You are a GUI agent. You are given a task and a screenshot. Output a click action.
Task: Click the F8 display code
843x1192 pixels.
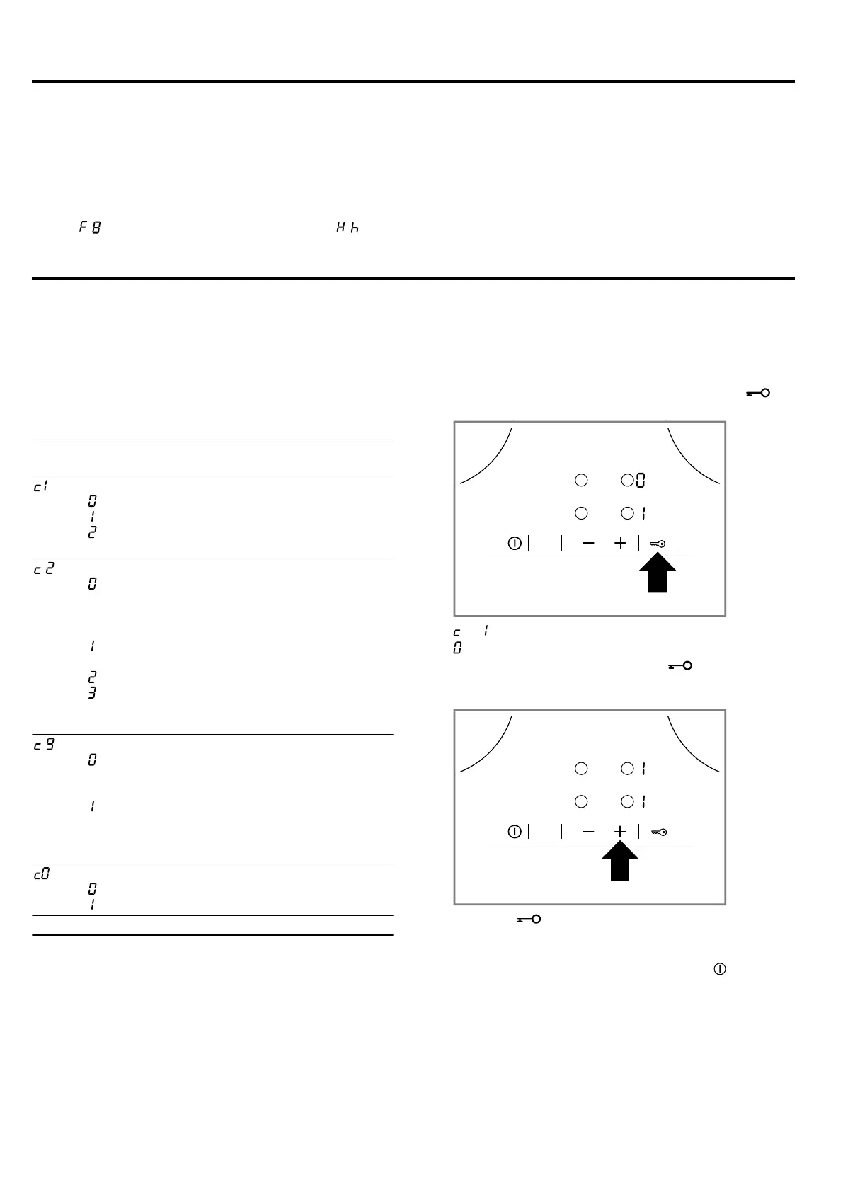[90, 228]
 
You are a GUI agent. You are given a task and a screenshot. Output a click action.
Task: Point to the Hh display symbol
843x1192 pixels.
[348, 228]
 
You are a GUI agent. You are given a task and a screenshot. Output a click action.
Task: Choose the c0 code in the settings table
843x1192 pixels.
[42, 874]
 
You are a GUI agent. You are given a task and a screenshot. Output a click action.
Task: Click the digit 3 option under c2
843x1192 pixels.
[92, 692]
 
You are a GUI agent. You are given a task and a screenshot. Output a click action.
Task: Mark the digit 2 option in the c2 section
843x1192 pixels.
[92, 677]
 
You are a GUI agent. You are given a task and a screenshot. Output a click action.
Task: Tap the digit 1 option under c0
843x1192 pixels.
[92, 904]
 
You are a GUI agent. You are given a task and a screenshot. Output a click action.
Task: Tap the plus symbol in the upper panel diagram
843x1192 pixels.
[620, 543]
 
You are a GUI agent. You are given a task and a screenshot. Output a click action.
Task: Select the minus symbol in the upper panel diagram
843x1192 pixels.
[589, 543]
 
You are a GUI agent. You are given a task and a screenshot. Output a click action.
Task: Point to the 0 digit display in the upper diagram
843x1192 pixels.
[641, 481]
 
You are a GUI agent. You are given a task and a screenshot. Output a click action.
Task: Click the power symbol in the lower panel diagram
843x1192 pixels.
[515, 832]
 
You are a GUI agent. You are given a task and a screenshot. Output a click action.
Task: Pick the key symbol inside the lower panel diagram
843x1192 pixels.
[658, 832]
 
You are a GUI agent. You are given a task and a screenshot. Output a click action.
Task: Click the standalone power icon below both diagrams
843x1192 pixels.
[720, 969]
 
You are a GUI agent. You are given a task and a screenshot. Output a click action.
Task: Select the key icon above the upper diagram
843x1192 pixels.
[757, 393]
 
